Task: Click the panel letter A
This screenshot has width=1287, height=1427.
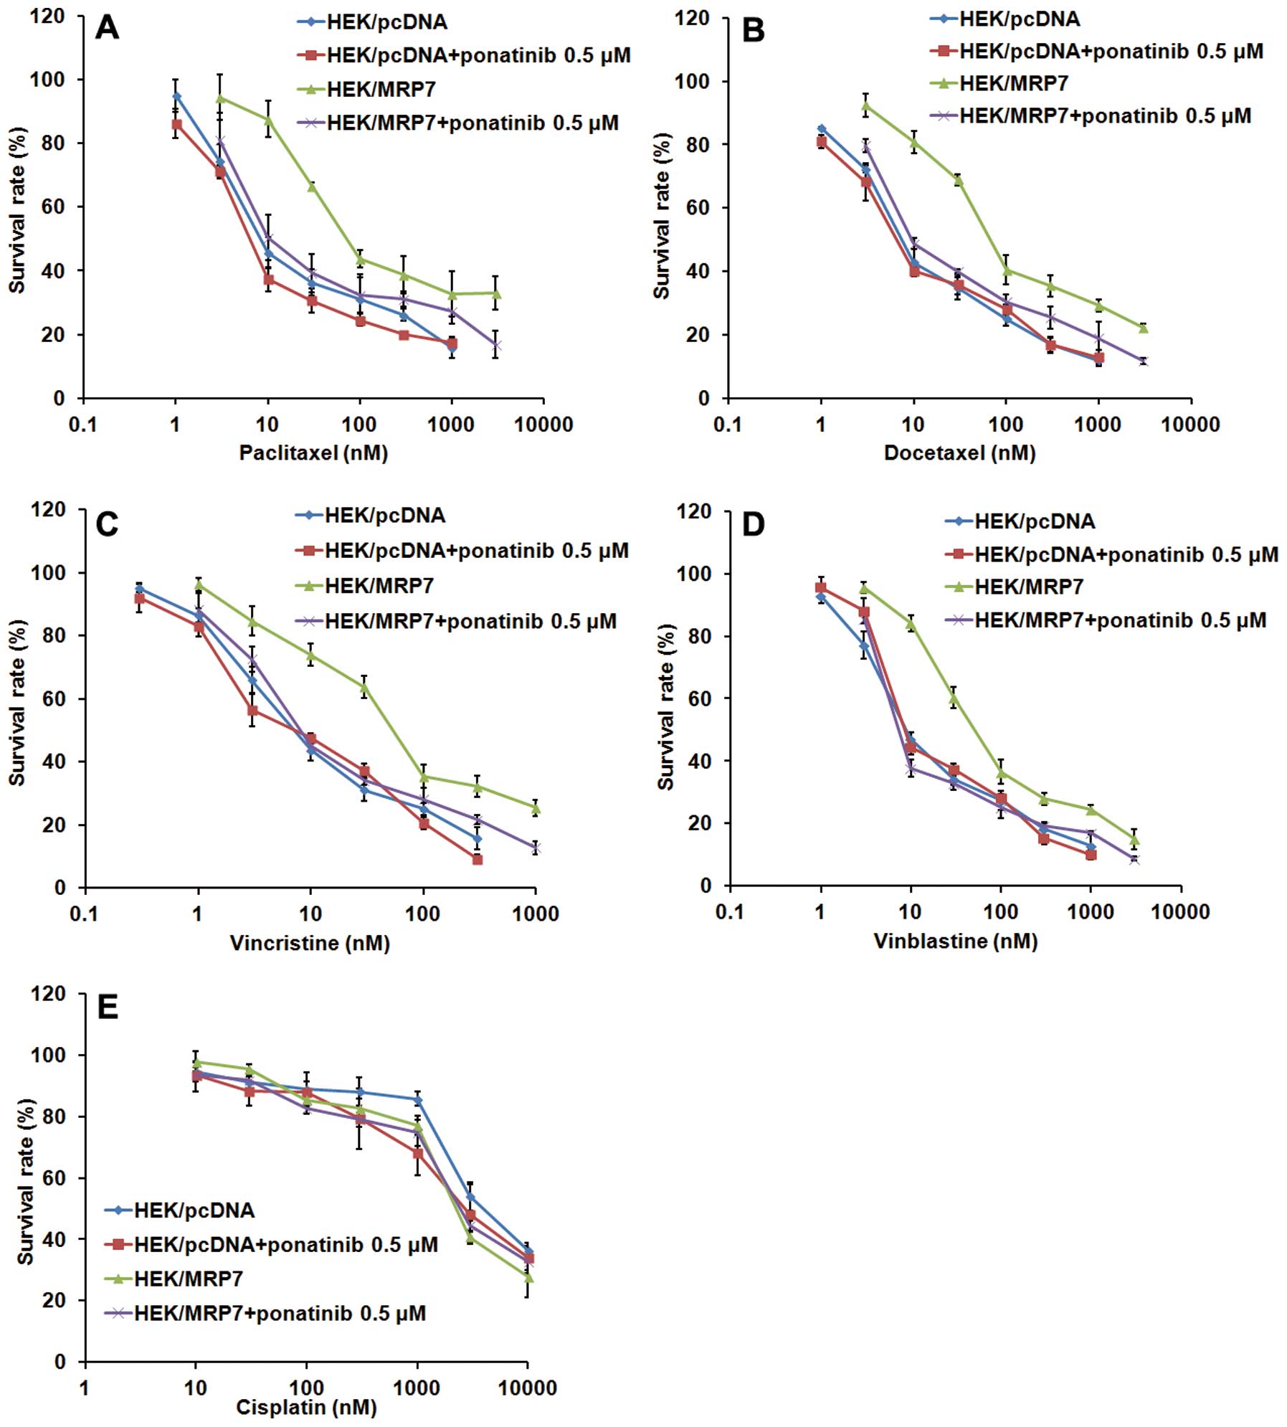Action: click(x=107, y=28)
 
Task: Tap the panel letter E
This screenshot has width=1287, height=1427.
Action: click(x=108, y=1008)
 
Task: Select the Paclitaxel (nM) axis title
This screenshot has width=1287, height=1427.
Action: click(x=313, y=453)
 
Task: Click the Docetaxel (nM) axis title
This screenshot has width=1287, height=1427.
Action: click(x=959, y=453)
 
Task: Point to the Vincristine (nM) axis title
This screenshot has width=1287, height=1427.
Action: click(x=310, y=943)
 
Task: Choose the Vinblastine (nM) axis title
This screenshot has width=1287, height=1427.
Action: click(x=955, y=941)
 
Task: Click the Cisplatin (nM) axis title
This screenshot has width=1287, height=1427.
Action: click(x=306, y=1408)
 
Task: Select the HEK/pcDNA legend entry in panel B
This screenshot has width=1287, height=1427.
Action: click(x=1019, y=19)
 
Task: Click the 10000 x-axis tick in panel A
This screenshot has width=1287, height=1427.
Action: click(x=543, y=425)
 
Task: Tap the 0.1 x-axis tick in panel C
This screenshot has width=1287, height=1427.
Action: click(x=84, y=914)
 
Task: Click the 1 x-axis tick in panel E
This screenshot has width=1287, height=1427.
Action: click(x=85, y=1388)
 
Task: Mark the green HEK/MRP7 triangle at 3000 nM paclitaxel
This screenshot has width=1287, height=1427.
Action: click(x=495, y=293)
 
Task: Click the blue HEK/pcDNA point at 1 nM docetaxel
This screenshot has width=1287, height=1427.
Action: click(x=821, y=129)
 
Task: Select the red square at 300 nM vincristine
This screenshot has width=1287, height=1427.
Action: click(x=478, y=859)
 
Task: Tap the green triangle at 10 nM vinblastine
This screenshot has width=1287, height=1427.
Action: click(x=911, y=624)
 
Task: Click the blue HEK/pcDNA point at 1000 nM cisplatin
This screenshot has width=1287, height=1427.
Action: click(x=417, y=1099)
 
